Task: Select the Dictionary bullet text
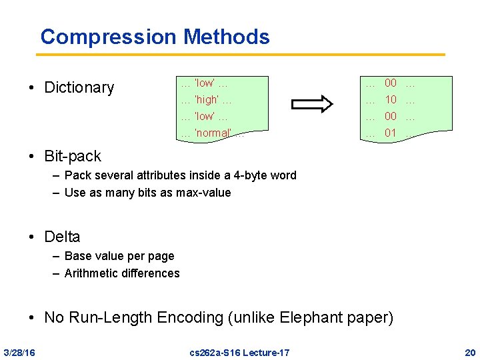(x=79, y=87)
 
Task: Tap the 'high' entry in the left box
(x=207, y=100)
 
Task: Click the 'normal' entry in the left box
(x=213, y=133)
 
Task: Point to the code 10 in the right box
(x=391, y=100)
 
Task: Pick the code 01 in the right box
(x=391, y=133)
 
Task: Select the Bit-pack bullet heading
(x=73, y=156)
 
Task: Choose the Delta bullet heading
(x=62, y=237)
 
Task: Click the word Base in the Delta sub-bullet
(x=77, y=256)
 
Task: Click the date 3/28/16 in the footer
(x=19, y=352)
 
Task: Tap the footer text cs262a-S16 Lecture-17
(x=239, y=352)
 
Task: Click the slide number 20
(x=470, y=352)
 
